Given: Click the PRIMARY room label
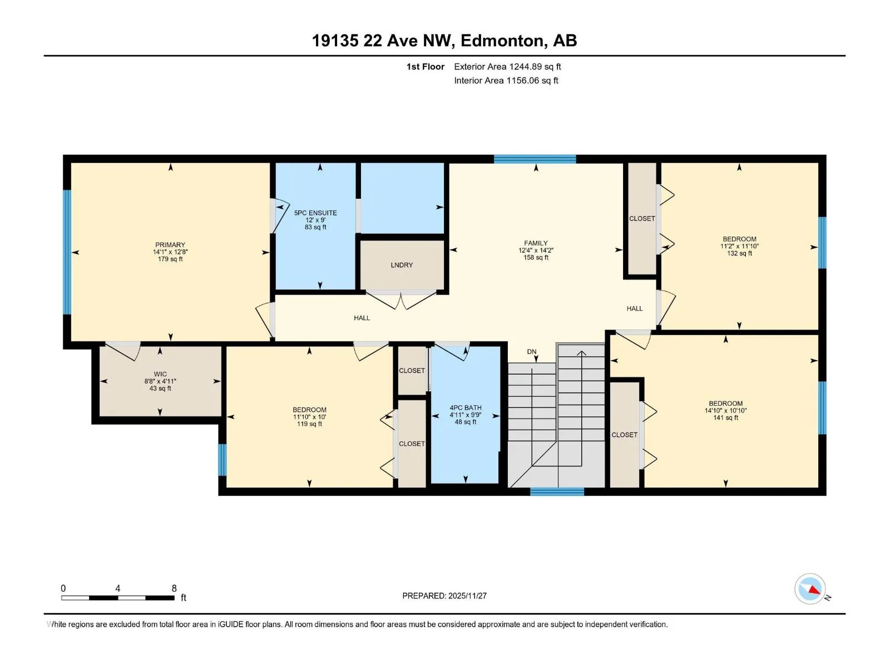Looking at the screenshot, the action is tap(170, 244).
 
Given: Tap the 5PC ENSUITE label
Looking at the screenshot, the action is tap(315, 213).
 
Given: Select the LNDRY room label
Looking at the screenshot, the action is tap(402, 265).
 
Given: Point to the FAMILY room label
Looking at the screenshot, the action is tap(536, 243).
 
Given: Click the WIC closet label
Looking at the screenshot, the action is tap(160, 374).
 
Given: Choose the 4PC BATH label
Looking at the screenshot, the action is tap(466, 407).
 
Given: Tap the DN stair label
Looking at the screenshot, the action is tap(532, 352).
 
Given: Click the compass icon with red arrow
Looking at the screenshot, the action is tap(810, 588).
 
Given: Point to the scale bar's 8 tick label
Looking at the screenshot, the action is tap(174, 588).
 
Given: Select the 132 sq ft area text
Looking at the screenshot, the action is tap(739, 253).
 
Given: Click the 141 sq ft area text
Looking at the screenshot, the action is tap(725, 417).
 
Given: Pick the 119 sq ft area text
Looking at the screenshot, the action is tap(309, 424).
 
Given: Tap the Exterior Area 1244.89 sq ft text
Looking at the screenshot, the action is tap(507, 66).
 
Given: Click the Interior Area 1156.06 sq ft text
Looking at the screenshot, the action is tap(506, 80).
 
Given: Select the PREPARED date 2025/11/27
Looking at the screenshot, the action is tap(467, 596).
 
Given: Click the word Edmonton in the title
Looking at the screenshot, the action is tap(502, 41).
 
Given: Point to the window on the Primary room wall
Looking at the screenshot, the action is tap(67, 252).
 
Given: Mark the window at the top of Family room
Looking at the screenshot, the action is tap(535, 159).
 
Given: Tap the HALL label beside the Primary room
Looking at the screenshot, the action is tap(362, 318).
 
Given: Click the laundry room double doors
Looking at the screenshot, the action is tap(401, 299).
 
